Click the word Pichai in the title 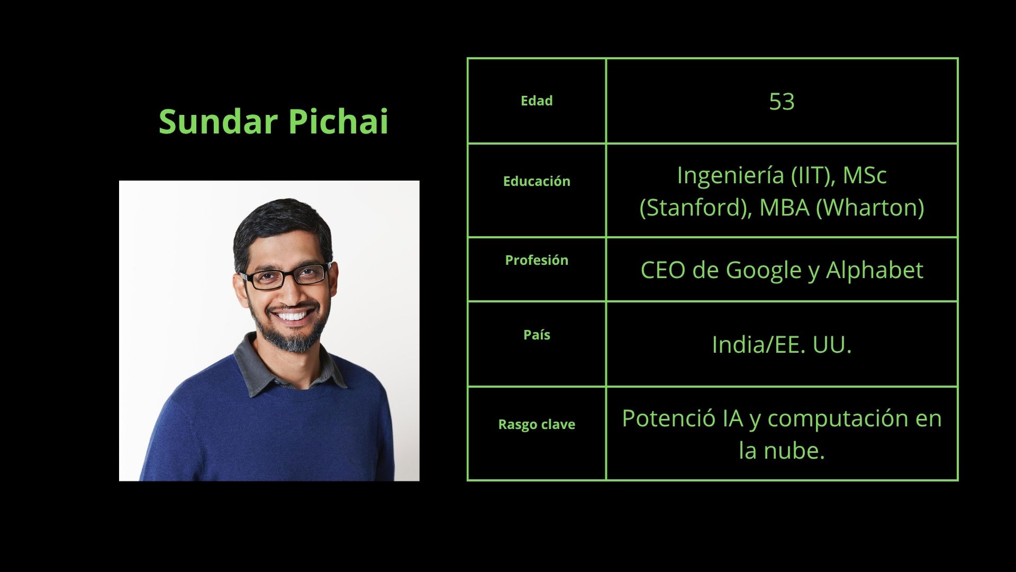click(339, 121)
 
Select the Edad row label click(537, 101)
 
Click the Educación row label click(537, 181)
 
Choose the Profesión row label click(537, 260)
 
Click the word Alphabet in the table click(875, 270)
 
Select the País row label click(537, 335)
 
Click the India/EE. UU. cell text click(782, 344)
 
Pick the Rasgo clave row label click(537, 424)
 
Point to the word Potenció click(668, 418)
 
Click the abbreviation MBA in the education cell click(785, 207)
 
